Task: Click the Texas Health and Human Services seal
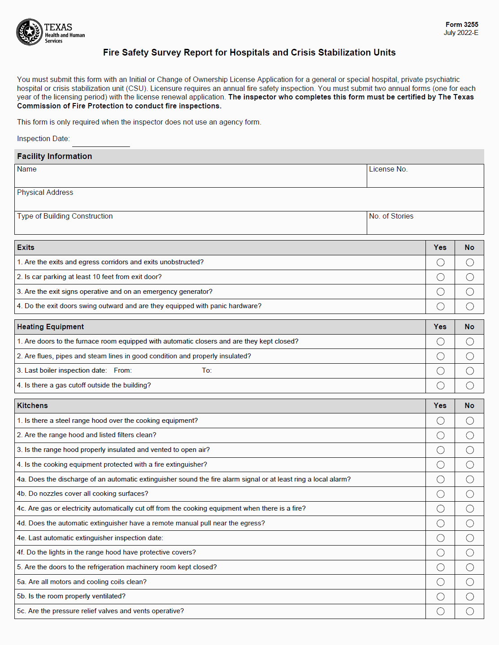click(30, 32)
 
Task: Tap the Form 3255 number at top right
click(462, 25)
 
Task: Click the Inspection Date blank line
click(101, 142)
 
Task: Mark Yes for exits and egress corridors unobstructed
click(441, 262)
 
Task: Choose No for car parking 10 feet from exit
click(470, 277)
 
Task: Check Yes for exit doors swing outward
click(441, 306)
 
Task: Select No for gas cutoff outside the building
click(470, 386)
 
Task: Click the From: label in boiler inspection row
click(123, 370)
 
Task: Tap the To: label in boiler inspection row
click(207, 370)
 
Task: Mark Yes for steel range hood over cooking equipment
click(441, 421)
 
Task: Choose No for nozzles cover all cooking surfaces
click(470, 494)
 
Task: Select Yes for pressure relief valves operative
click(441, 611)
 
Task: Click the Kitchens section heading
click(32, 406)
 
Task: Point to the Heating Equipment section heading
click(50, 327)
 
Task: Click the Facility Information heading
click(54, 156)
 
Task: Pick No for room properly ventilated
click(470, 597)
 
